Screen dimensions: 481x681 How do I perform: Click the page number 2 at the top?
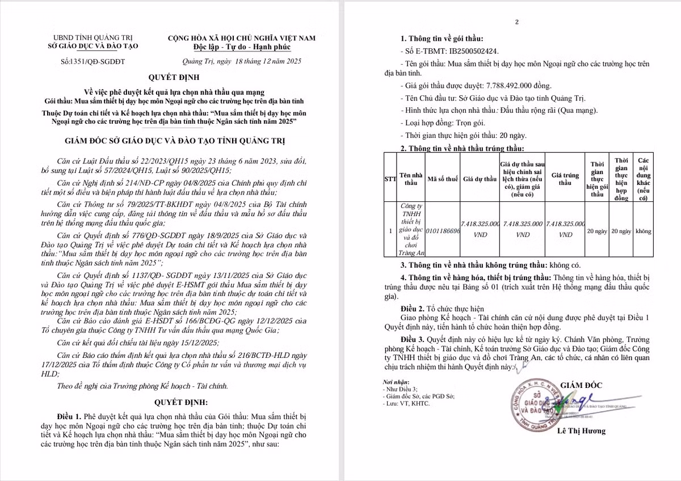(x=517, y=22)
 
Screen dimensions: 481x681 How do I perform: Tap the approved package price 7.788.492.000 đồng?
(x=519, y=86)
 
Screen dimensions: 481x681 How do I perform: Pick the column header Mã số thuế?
(x=443, y=179)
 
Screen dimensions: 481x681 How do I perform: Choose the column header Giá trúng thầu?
(x=565, y=179)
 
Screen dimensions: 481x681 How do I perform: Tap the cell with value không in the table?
(x=644, y=231)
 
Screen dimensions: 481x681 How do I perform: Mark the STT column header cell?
(x=390, y=179)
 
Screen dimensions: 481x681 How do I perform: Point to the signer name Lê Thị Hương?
(x=581, y=431)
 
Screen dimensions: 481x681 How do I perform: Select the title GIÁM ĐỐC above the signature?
(x=581, y=385)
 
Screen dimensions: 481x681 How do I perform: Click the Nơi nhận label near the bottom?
(x=396, y=383)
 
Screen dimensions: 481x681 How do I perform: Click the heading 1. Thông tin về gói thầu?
(x=442, y=39)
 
